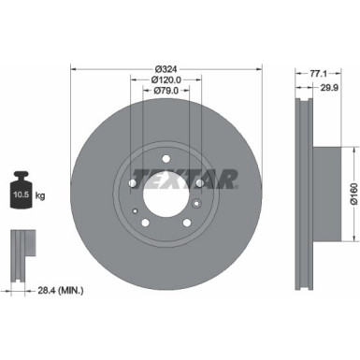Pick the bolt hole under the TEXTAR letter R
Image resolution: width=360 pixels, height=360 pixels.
pos(197,183)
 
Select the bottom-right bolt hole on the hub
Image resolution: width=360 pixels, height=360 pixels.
pos(184,223)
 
